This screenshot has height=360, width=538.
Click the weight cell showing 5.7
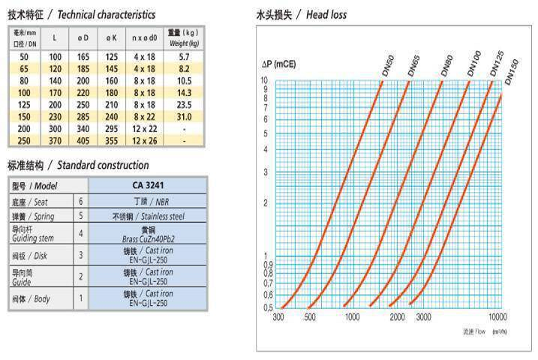pyautogui.click(x=184, y=56)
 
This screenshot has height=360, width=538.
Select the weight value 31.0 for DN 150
pyautogui.click(x=184, y=116)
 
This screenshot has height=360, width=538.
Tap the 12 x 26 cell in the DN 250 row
pyautogui.click(x=146, y=140)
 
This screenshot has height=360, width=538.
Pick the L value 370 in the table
pyautogui.click(x=56, y=140)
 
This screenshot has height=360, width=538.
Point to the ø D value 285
pyautogui.click(x=83, y=116)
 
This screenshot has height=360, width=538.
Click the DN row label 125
pyautogui.click(x=24, y=104)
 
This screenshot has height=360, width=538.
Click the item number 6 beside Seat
pyautogui.click(x=81, y=202)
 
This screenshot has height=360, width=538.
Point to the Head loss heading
pyautogui.click(x=301, y=14)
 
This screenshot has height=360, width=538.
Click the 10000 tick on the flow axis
pyautogui.click(x=498, y=318)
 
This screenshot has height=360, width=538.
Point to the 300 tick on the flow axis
pyautogui.click(x=278, y=318)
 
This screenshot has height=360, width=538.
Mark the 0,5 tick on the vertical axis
pyautogui.click(x=268, y=307)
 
